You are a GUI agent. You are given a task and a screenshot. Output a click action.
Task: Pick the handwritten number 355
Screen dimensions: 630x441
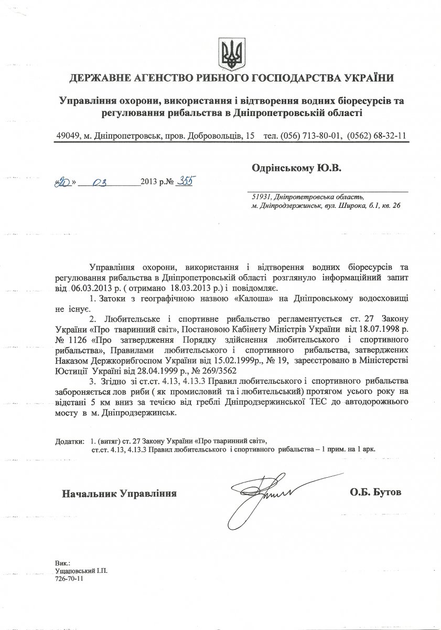click(x=183, y=182)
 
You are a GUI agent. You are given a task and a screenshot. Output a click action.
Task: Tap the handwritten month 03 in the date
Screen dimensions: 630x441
click(x=99, y=183)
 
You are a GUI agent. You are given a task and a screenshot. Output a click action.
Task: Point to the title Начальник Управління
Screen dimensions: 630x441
click(x=119, y=493)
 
